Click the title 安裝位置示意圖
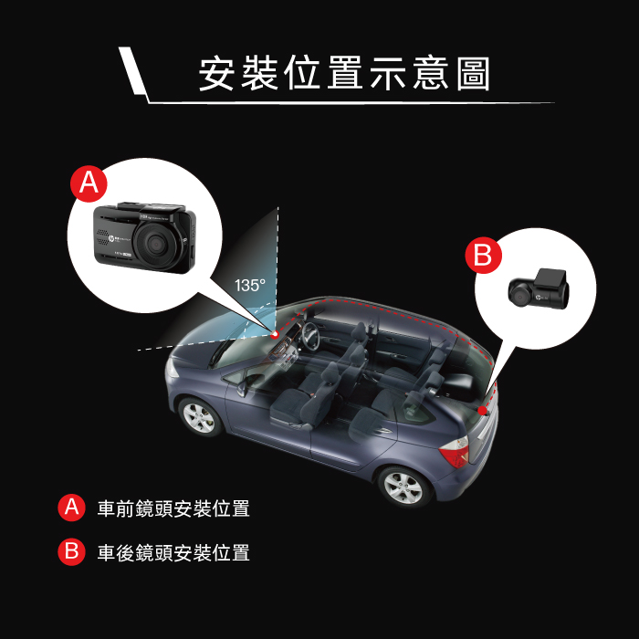pyautogui.click(x=344, y=74)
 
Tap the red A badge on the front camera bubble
pyautogui.click(x=89, y=183)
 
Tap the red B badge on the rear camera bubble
pyautogui.click(x=483, y=255)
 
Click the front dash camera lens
pyautogui.click(x=155, y=245)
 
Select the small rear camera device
pyautogui.click(x=539, y=289)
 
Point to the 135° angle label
pyautogui.click(x=250, y=285)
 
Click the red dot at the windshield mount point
pyautogui.click(x=275, y=334)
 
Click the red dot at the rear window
pyautogui.click(x=482, y=411)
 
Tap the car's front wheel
pyautogui.click(x=199, y=417)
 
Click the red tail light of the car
pyautogui.click(x=455, y=452)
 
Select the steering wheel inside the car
pyautogui.click(x=310, y=336)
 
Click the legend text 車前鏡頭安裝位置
pyautogui.click(x=173, y=508)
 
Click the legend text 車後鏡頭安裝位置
pyautogui.click(x=173, y=553)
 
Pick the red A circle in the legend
pyautogui.click(x=71, y=508)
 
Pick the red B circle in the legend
pyautogui.click(x=71, y=552)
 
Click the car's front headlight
pyautogui.click(x=172, y=368)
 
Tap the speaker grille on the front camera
pyautogui.click(x=102, y=237)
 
